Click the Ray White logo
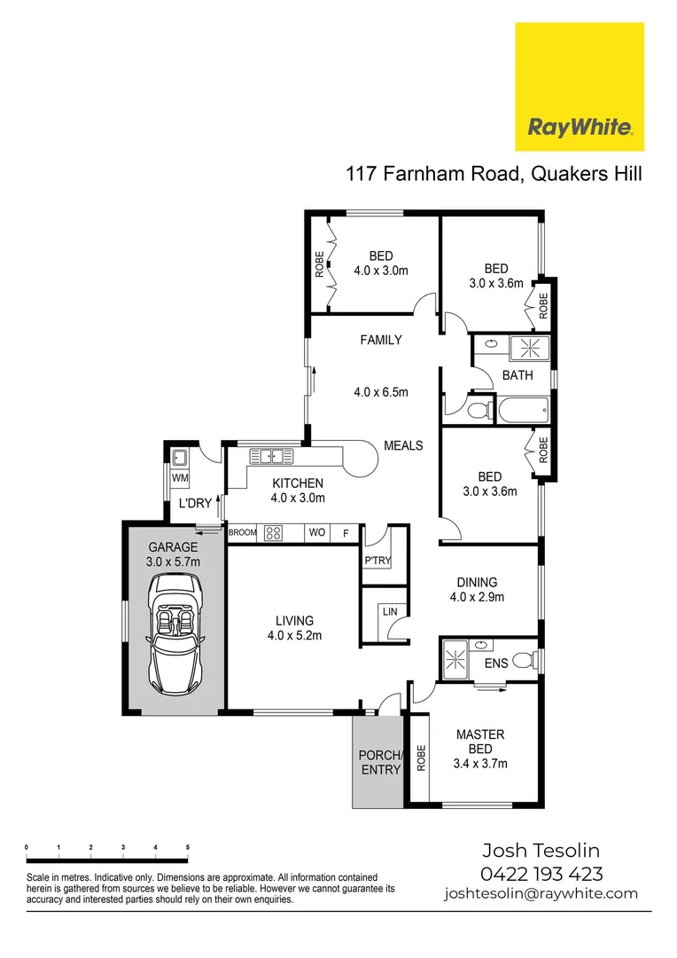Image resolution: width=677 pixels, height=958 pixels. tap(580, 87)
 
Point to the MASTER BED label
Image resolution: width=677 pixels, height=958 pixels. tap(479, 742)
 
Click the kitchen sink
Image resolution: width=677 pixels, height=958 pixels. tap(271, 457)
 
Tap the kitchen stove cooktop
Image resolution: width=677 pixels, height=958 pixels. tap(272, 533)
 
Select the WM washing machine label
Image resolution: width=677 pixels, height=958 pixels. tap(180, 478)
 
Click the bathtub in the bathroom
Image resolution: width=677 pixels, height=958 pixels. tap(522, 411)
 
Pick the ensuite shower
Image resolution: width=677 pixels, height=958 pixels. tap(459, 658)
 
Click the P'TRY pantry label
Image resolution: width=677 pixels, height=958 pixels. tap(377, 561)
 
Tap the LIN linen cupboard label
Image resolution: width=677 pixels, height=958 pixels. tap(389, 612)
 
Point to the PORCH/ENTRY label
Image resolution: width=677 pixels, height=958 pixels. tap(380, 763)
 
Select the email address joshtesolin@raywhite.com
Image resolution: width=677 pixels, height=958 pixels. tap(541, 893)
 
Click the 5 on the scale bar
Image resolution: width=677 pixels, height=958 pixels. tap(187, 848)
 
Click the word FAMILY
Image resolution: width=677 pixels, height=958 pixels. tap(381, 340)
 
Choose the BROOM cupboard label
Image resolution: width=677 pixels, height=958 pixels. tap(242, 533)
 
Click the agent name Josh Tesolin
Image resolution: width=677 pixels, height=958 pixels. tap(541, 851)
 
